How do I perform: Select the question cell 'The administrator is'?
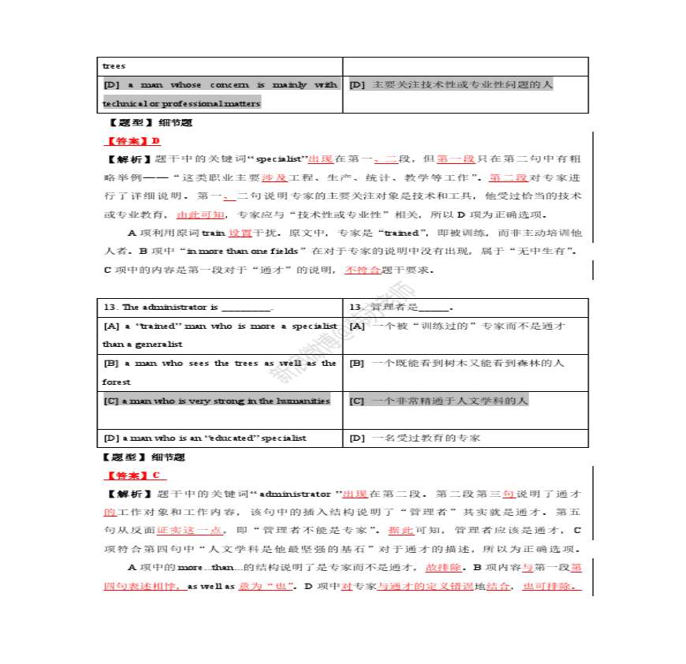188,307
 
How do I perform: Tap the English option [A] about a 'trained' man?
220,334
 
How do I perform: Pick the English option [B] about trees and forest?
220,372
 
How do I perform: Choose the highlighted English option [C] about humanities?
217,401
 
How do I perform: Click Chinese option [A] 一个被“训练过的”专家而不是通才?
457,326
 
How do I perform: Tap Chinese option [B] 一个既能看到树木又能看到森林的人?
457,363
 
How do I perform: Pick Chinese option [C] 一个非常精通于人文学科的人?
439,401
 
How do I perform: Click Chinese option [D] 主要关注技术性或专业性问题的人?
451,84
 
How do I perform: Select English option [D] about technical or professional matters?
220,94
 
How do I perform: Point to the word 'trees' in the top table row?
114,65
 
